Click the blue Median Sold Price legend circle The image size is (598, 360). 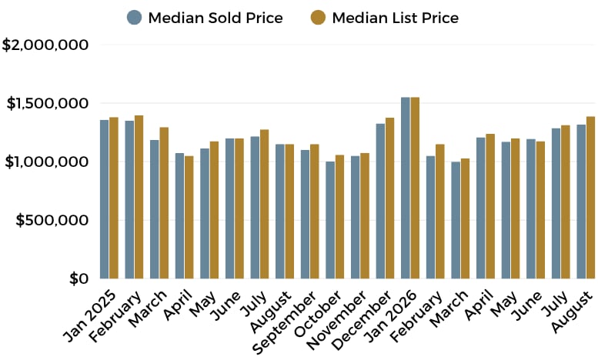(134, 18)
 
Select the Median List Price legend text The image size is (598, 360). (395, 18)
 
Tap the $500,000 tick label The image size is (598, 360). (52, 221)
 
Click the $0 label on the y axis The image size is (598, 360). (79, 278)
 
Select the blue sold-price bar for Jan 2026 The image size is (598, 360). (406, 188)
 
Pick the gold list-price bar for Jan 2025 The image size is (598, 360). (114, 198)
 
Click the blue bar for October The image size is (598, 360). (330, 220)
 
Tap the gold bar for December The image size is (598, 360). (389, 198)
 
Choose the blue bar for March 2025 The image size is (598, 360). (155, 209)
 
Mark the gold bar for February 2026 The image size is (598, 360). (440, 212)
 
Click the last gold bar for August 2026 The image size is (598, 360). (591, 198)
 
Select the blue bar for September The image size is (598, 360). (305, 215)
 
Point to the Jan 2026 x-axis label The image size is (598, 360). (392, 315)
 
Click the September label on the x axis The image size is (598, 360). (285, 322)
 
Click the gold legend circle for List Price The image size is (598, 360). (318, 18)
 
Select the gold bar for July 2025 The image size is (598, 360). (264, 204)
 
